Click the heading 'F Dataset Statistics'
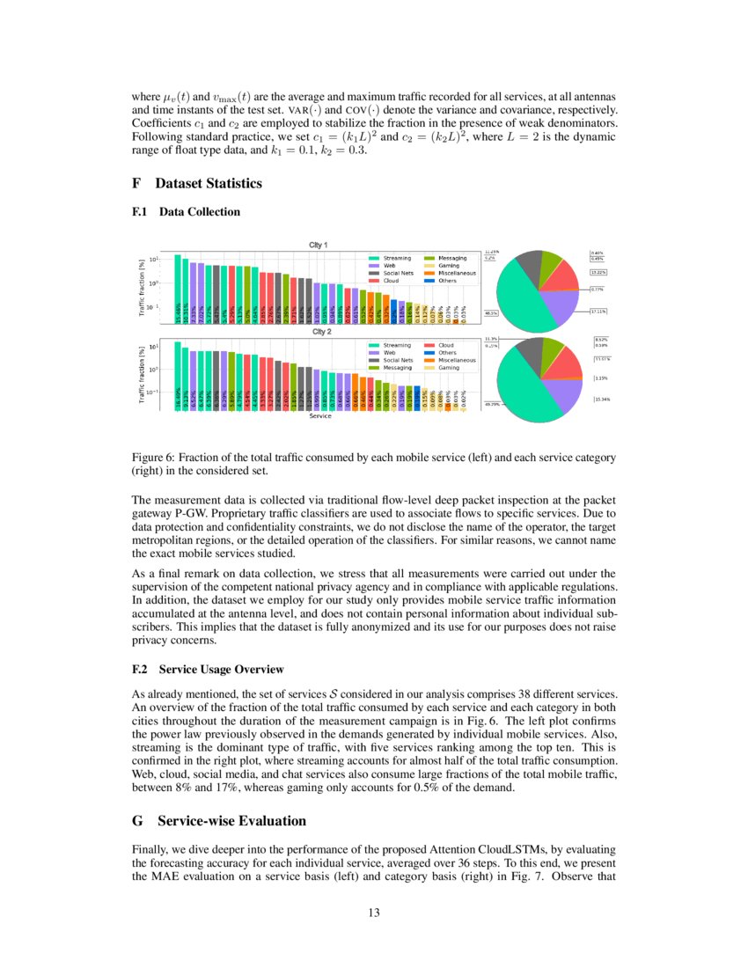click(x=196, y=184)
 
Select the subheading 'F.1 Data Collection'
click(x=185, y=212)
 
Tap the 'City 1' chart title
click(x=319, y=246)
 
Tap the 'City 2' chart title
click(x=319, y=333)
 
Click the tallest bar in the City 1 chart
click(x=178, y=286)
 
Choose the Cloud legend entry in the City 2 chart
click(x=439, y=345)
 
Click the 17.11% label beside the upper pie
click(x=601, y=311)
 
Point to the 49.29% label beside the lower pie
click(x=491, y=404)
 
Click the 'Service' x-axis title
click(x=320, y=416)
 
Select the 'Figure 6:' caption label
click(x=154, y=458)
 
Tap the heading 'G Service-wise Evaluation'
click(x=218, y=820)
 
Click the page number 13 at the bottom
click(x=373, y=913)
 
